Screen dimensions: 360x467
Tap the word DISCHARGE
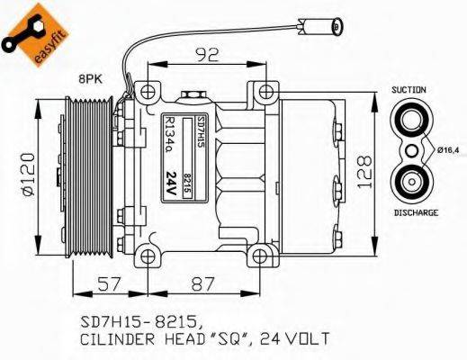(x=416, y=212)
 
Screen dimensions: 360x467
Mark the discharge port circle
(x=415, y=180)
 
